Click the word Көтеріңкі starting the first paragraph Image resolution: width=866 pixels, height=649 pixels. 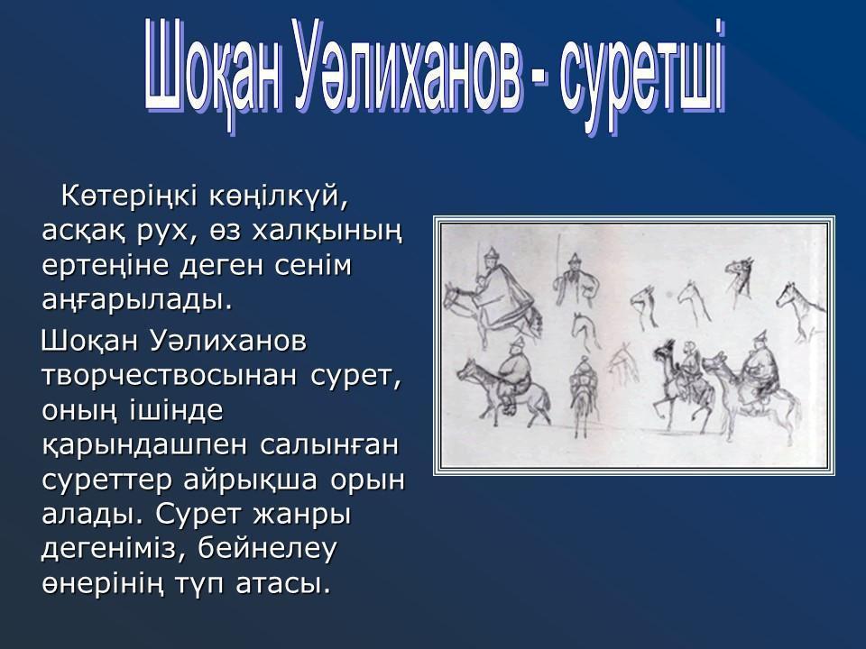[129, 197]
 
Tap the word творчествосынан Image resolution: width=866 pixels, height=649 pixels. [170, 376]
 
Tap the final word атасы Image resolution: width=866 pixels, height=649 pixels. [283, 585]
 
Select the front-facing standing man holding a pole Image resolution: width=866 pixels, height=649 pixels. [576, 278]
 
